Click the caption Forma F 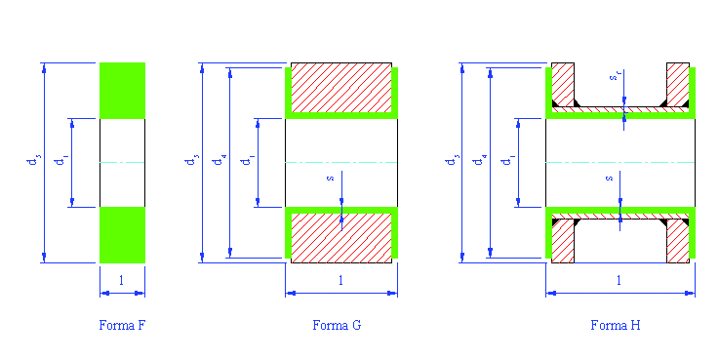point(122,325)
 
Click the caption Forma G point(337,325)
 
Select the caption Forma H point(616,325)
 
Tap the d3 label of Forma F point(34,161)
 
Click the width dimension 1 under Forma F point(120,281)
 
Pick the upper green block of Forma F point(122,90)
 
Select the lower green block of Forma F point(122,234)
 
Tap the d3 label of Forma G point(190,161)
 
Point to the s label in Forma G point(331,179)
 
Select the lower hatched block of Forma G point(341,237)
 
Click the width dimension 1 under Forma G point(340,281)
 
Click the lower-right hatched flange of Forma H point(677,241)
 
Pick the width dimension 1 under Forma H point(619,281)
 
